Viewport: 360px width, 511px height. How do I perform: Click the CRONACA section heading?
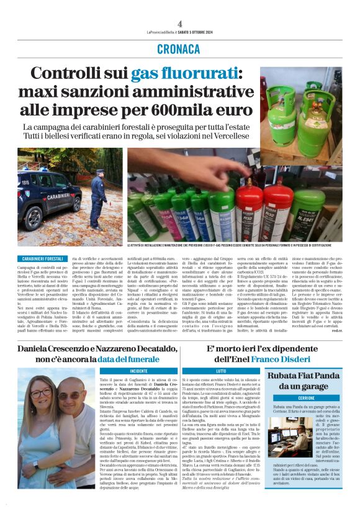(x=179, y=48)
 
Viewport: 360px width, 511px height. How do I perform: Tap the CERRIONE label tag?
(x=289, y=397)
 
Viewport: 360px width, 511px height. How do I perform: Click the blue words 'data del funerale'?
(x=130, y=358)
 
